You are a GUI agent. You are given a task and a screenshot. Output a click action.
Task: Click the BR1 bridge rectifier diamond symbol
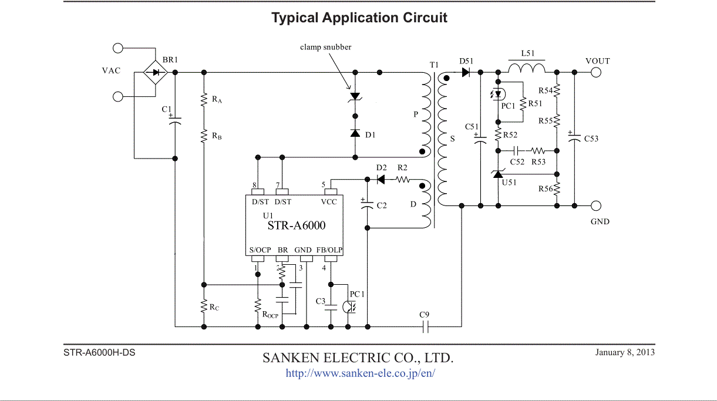[x=156, y=73]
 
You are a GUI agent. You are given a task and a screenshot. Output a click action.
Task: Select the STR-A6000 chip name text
[x=297, y=225]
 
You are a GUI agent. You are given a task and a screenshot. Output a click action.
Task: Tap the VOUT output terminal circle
[x=596, y=72]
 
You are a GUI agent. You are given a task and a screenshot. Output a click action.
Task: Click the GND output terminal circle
[x=596, y=205]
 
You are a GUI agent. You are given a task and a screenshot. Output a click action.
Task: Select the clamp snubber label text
[x=325, y=47]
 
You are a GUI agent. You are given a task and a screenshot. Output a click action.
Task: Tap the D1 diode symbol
[x=355, y=133]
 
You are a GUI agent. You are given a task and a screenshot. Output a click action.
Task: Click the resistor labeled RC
[x=204, y=305]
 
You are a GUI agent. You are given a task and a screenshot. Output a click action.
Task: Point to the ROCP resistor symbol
[x=257, y=305]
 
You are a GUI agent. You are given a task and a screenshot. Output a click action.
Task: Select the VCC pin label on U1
[x=329, y=202]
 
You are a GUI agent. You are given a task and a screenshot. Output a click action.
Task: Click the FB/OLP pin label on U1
[x=329, y=250]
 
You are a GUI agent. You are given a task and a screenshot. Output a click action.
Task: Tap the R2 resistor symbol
[x=402, y=180]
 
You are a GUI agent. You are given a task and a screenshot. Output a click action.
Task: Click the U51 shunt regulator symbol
[x=498, y=174]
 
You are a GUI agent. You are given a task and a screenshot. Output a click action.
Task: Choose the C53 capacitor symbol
[x=574, y=139]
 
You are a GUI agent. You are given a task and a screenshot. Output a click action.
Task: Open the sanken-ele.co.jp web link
[x=360, y=373]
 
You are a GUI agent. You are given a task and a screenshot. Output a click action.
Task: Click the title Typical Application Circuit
[x=359, y=18]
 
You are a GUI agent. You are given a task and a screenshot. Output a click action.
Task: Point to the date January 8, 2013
[x=625, y=352]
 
